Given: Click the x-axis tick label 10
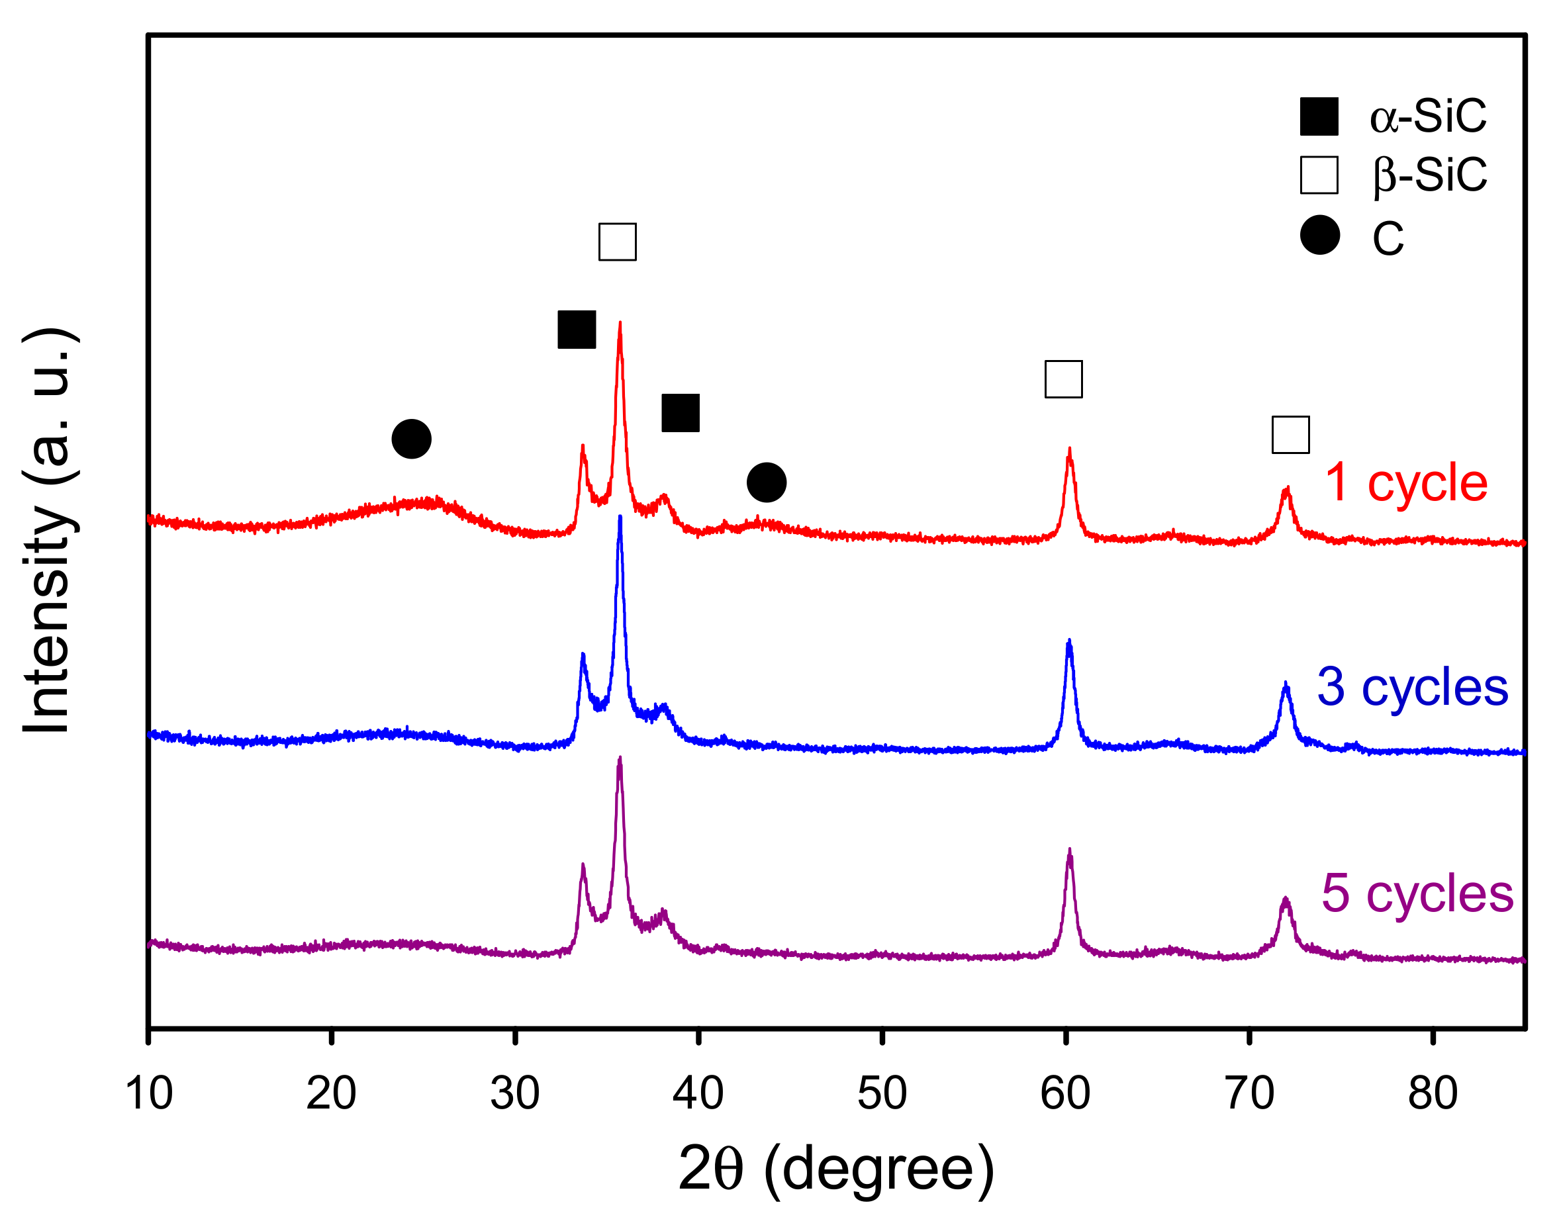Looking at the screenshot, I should (x=149, y=1093).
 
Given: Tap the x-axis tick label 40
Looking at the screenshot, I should (x=698, y=1093).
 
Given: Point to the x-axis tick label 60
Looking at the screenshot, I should (x=1065, y=1093).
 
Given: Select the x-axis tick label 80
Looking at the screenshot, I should (x=1433, y=1093).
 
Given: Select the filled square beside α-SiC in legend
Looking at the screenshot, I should (x=1319, y=116).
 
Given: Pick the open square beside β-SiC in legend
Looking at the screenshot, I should (x=1319, y=175).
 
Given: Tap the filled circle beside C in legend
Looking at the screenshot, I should (x=1320, y=234).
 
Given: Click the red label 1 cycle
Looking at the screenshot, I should (x=1406, y=482).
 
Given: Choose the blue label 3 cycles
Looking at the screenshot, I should (x=1413, y=687).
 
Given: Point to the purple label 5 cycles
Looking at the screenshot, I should (x=1417, y=893).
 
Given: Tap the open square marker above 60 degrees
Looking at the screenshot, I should (x=1063, y=379).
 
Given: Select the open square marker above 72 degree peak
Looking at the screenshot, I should (x=1290, y=435).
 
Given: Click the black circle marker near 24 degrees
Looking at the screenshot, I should (x=412, y=439).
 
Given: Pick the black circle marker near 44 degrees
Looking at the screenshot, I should (x=767, y=482).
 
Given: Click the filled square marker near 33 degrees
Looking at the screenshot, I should (x=577, y=330).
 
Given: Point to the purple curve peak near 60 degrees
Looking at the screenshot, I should (x=1070, y=850).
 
